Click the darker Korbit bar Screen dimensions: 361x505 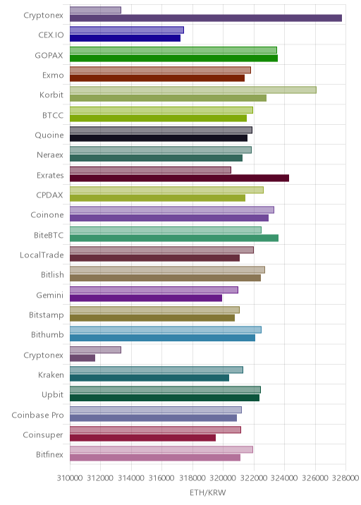coord(168,98)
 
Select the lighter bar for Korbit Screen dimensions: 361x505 coord(193,90)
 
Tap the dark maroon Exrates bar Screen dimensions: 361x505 coord(179,178)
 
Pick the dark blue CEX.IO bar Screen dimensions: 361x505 coord(125,38)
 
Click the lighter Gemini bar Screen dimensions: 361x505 coord(154,290)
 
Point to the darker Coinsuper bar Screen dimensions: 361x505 coord(142,438)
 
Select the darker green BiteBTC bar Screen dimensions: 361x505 coord(174,238)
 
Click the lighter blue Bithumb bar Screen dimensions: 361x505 coord(166,330)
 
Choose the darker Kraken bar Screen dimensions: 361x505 coord(149,378)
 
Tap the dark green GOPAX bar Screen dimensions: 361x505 coord(173,59)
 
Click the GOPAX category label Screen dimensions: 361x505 coord(49,56)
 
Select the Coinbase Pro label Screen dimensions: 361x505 coord(37,415)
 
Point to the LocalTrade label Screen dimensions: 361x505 coord(42,255)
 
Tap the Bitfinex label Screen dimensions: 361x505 coord(49,454)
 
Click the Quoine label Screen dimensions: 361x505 coord(49,135)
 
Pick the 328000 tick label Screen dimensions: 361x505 coord(345,477)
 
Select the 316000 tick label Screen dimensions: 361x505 coord(161,477)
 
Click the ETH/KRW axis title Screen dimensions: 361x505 coord(208,493)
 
